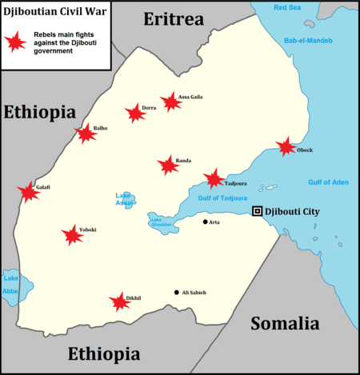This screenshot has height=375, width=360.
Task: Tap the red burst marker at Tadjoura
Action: pyautogui.click(x=214, y=179)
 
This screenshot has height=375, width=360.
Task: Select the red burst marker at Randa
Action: pyautogui.click(x=168, y=165)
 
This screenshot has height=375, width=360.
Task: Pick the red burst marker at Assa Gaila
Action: pyautogui.click(x=170, y=102)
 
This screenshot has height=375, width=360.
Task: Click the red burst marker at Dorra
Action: pyautogui.click(x=135, y=114)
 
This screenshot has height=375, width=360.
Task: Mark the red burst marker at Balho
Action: pyautogui.click(x=86, y=134)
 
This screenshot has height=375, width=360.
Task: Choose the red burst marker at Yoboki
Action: pyautogui.click(x=73, y=234)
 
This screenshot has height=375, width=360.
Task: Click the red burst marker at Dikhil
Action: pyautogui.click(x=120, y=301)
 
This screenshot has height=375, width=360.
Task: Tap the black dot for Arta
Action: pyautogui.click(x=205, y=221)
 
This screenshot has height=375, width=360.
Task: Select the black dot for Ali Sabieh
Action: pyautogui.click(x=177, y=292)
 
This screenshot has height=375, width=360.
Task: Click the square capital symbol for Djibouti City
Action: pyautogui.click(x=257, y=211)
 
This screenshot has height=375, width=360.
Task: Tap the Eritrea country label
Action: pyautogui.click(x=173, y=19)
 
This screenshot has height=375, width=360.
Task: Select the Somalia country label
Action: pyautogui.click(x=285, y=323)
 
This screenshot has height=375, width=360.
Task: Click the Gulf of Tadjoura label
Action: pyautogui.click(x=222, y=197)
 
